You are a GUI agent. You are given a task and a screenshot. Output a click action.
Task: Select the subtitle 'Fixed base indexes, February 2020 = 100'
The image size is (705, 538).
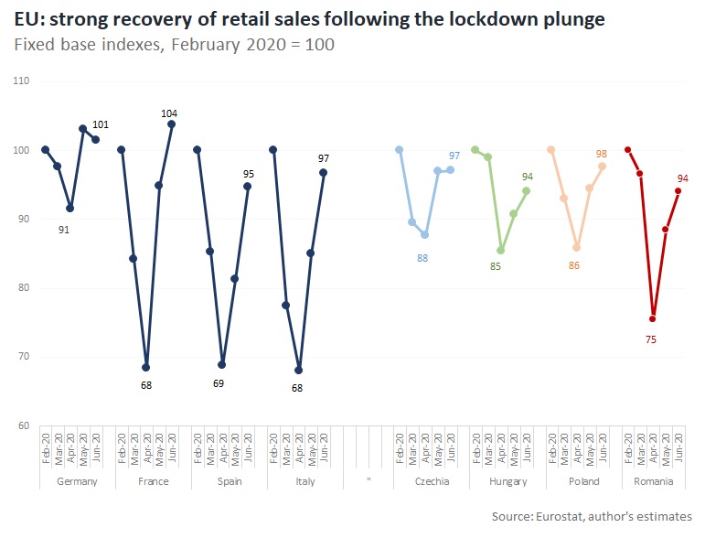pyautogui.click(x=175, y=44)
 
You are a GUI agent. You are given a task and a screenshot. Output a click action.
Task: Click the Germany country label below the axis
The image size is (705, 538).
pyautogui.click(x=76, y=481)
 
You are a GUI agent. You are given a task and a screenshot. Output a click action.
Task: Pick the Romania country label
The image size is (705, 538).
pyautogui.click(x=653, y=481)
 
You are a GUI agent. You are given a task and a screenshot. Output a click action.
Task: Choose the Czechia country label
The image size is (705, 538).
pyautogui.click(x=432, y=481)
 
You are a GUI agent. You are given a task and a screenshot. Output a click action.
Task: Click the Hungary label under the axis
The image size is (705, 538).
pyautogui.click(x=507, y=481)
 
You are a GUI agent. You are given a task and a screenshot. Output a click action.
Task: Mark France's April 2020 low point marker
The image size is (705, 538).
pyautogui.click(x=146, y=367)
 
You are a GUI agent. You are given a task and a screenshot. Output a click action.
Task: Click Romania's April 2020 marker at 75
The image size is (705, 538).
pyautogui.click(x=653, y=318)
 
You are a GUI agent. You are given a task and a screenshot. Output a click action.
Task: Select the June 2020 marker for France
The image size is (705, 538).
pyautogui.click(x=172, y=124)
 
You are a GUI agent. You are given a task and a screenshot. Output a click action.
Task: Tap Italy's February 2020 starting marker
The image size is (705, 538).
pyautogui.click(x=272, y=149)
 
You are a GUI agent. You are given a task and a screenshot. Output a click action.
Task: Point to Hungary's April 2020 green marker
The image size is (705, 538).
pyautogui.click(x=500, y=250)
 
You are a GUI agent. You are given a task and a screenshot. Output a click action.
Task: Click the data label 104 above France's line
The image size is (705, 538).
pyautogui.click(x=169, y=113)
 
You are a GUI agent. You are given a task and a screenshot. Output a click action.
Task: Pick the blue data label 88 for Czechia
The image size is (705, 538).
pyautogui.click(x=422, y=259)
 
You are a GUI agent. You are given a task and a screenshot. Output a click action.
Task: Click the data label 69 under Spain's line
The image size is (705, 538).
pyautogui.click(x=219, y=383)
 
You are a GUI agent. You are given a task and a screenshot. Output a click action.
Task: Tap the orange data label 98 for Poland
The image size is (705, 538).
pyautogui.click(x=601, y=154)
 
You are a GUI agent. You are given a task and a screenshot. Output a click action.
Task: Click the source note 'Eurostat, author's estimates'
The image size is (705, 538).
pyautogui.click(x=592, y=516)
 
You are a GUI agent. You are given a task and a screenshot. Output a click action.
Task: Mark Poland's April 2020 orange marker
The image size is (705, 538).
pyautogui.click(x=576, y=247)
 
